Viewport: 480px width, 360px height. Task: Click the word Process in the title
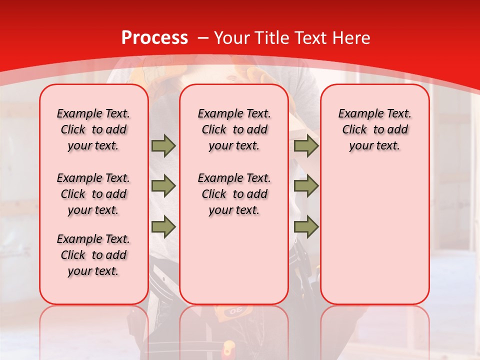[x=154, y=38]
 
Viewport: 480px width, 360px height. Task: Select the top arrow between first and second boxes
[x=163, y=145]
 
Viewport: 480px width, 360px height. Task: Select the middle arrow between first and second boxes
[x=163, y=186]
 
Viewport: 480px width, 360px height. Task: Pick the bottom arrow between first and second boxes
[x=163, y=226]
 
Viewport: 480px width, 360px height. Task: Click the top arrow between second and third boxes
[x=306, y=145]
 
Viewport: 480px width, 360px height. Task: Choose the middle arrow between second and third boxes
[x=306, y=186]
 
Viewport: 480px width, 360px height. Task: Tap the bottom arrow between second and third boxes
[x=306, y=226]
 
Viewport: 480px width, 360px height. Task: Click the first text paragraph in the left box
[x=93, y=129]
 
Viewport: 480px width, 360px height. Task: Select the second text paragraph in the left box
[x=93, y=194]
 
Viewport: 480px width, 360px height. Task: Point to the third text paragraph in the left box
[x=93, y=255]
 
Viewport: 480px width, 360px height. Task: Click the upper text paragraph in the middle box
[x=234, y=129]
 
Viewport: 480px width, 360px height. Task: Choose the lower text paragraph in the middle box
[x=234, y=194]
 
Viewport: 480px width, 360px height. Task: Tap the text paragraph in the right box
[x=374, y=129]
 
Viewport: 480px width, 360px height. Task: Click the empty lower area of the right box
[x=374, y=240]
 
